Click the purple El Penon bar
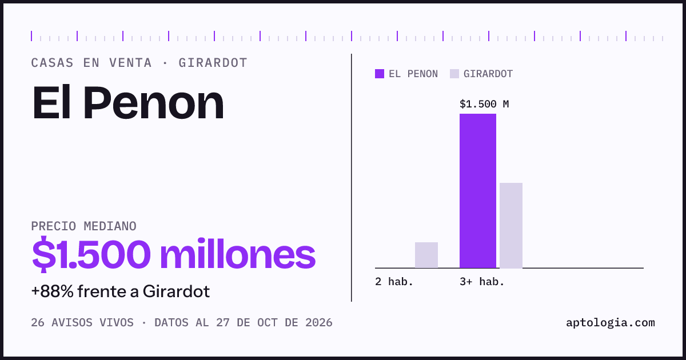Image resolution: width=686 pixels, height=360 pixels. [x=478, y=191]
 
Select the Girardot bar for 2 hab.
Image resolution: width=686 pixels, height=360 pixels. [x=426, y=255]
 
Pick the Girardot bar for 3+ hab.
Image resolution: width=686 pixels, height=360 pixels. [x=511, y=225]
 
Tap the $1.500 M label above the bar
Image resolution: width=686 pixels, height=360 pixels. [x=484, y=104]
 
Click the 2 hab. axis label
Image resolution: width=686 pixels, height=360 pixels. [x=394, y=282]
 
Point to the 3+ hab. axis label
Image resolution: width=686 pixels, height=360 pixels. [x=482, y=282]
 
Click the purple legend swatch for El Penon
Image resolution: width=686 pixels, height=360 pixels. [x=380, y=74]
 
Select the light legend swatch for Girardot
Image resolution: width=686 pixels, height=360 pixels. [x=454, y=74]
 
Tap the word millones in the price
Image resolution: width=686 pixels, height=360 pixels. [x=238, y=255]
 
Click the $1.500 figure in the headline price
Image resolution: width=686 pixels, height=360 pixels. [x=91, y=255]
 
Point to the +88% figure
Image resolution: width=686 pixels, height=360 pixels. [x=53, y=291]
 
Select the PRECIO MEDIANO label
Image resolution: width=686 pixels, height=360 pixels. [x=83, y=226]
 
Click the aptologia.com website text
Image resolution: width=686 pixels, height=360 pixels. [x=611, y=323]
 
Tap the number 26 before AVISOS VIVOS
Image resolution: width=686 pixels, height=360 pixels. [x=38, y=323]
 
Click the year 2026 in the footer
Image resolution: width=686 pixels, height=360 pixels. [x=319, y=323]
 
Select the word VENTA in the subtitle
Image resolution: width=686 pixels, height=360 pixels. [x=130, y=63]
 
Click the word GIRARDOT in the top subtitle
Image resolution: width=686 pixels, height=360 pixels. [x=213, y=63]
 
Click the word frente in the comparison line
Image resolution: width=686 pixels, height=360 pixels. [x=102, y=291]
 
